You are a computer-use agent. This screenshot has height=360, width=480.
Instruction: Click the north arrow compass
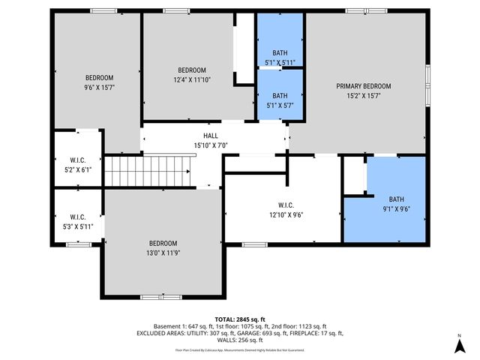coord(458,344)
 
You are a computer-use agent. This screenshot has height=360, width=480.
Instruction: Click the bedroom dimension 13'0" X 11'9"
coord(163,253)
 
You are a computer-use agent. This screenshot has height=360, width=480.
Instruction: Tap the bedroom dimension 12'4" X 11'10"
coord(192,79)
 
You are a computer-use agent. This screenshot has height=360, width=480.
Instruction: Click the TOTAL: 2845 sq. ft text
coord(240,319)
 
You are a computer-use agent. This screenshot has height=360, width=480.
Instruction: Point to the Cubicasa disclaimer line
coord(240,349)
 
